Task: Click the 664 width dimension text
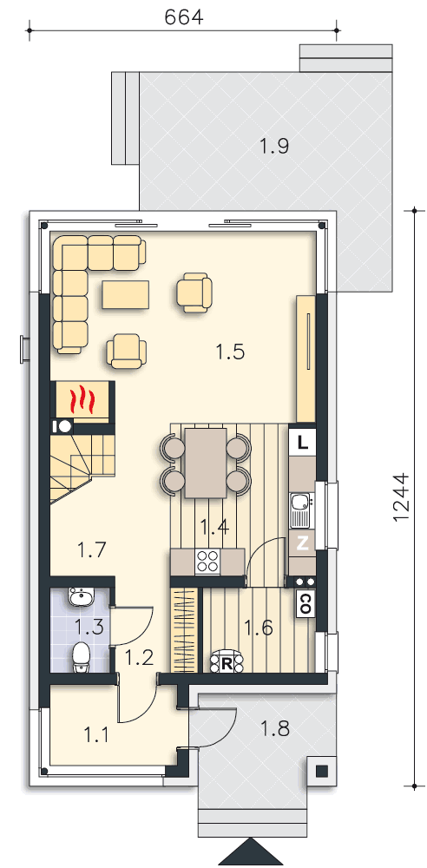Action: (x=184, y=17)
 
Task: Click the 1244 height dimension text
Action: (x=400, y=496)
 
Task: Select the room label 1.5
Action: (x=230, y=352)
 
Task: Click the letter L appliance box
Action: (x=302, y=443)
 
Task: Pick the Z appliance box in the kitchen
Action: (x=302, y=543)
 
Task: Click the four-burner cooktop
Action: (x=207, y=561)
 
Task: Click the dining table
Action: (x=206, y=463)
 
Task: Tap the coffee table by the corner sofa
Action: (x=126, y=294)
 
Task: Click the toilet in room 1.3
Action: (x=82, y=658)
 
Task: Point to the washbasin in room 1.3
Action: (x=82, y=597)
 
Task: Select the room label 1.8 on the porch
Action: (x=275, y=728)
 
